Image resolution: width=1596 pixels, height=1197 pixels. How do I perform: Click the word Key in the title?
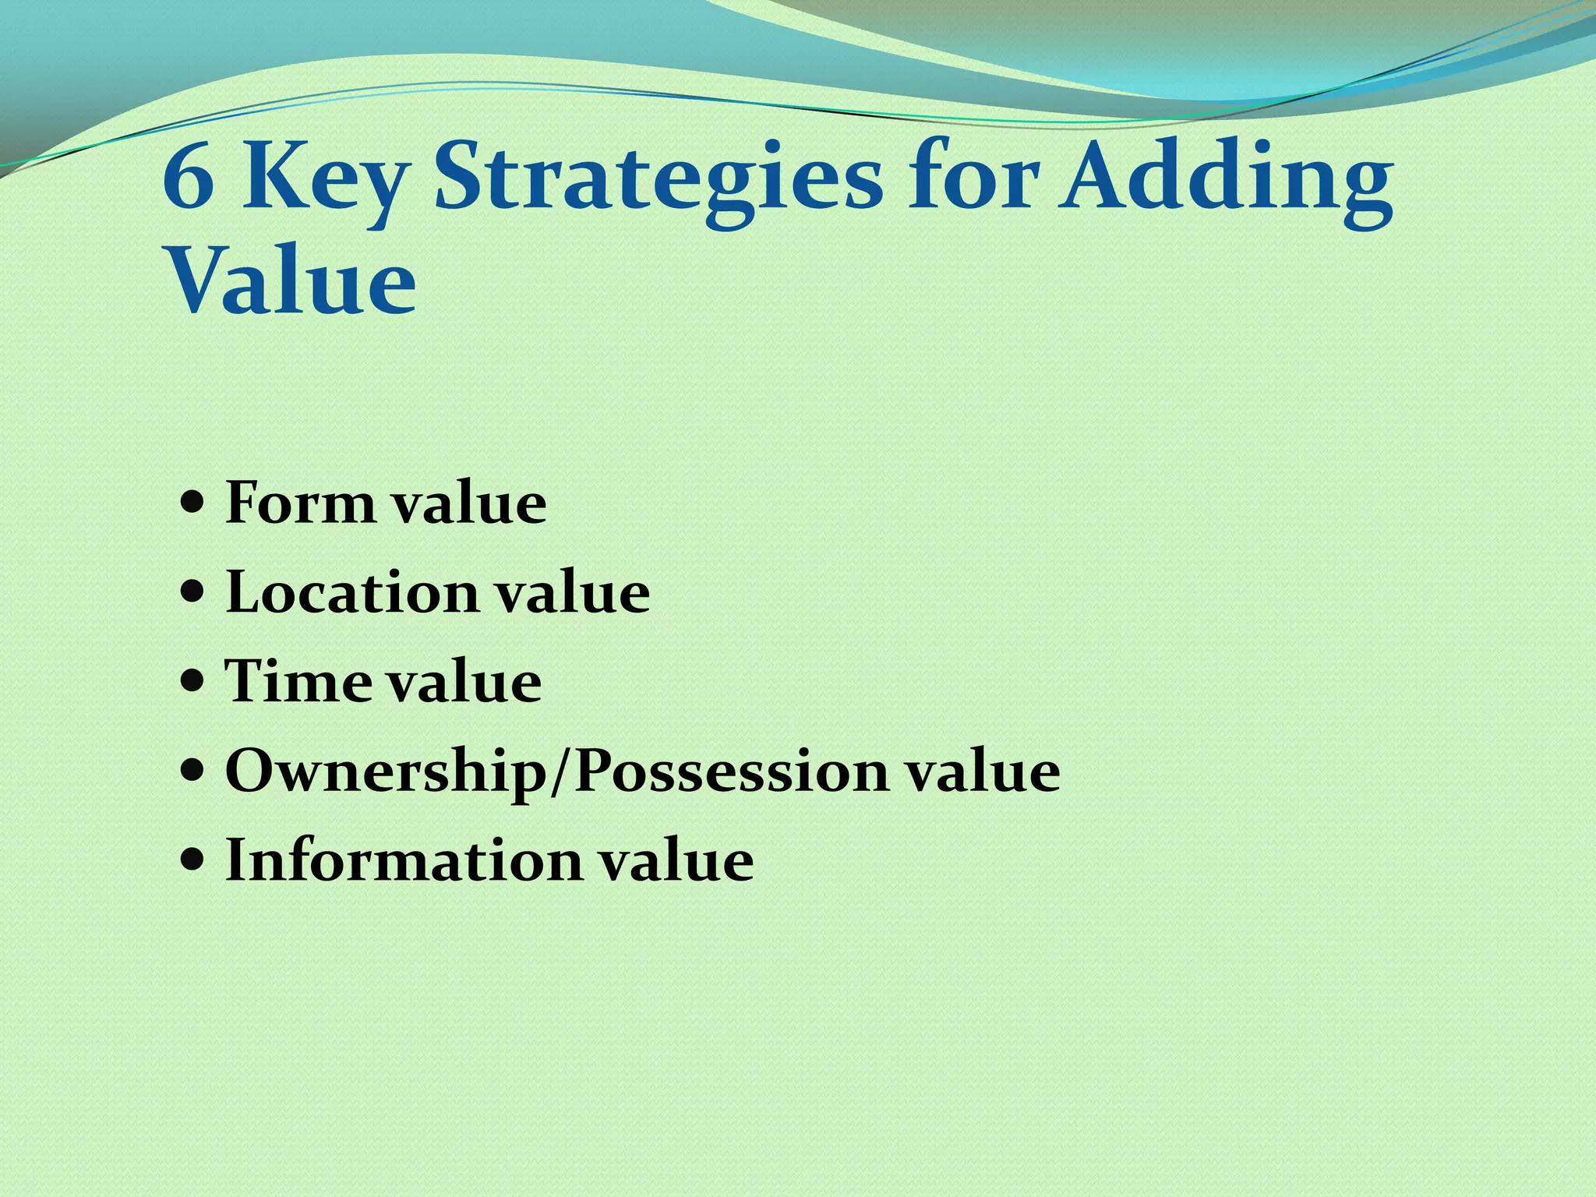pos(324,184)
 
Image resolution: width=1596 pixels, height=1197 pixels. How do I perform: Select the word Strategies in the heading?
pos(659,184)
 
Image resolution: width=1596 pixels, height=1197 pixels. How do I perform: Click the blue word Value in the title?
pos(291,281)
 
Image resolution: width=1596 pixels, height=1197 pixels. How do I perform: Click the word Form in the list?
pos(301,503)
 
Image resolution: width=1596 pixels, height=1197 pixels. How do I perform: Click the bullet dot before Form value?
pos(192,503)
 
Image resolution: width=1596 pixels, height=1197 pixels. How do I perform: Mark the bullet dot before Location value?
pos(192,592)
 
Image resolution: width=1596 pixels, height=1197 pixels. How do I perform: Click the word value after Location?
pos(573,592)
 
